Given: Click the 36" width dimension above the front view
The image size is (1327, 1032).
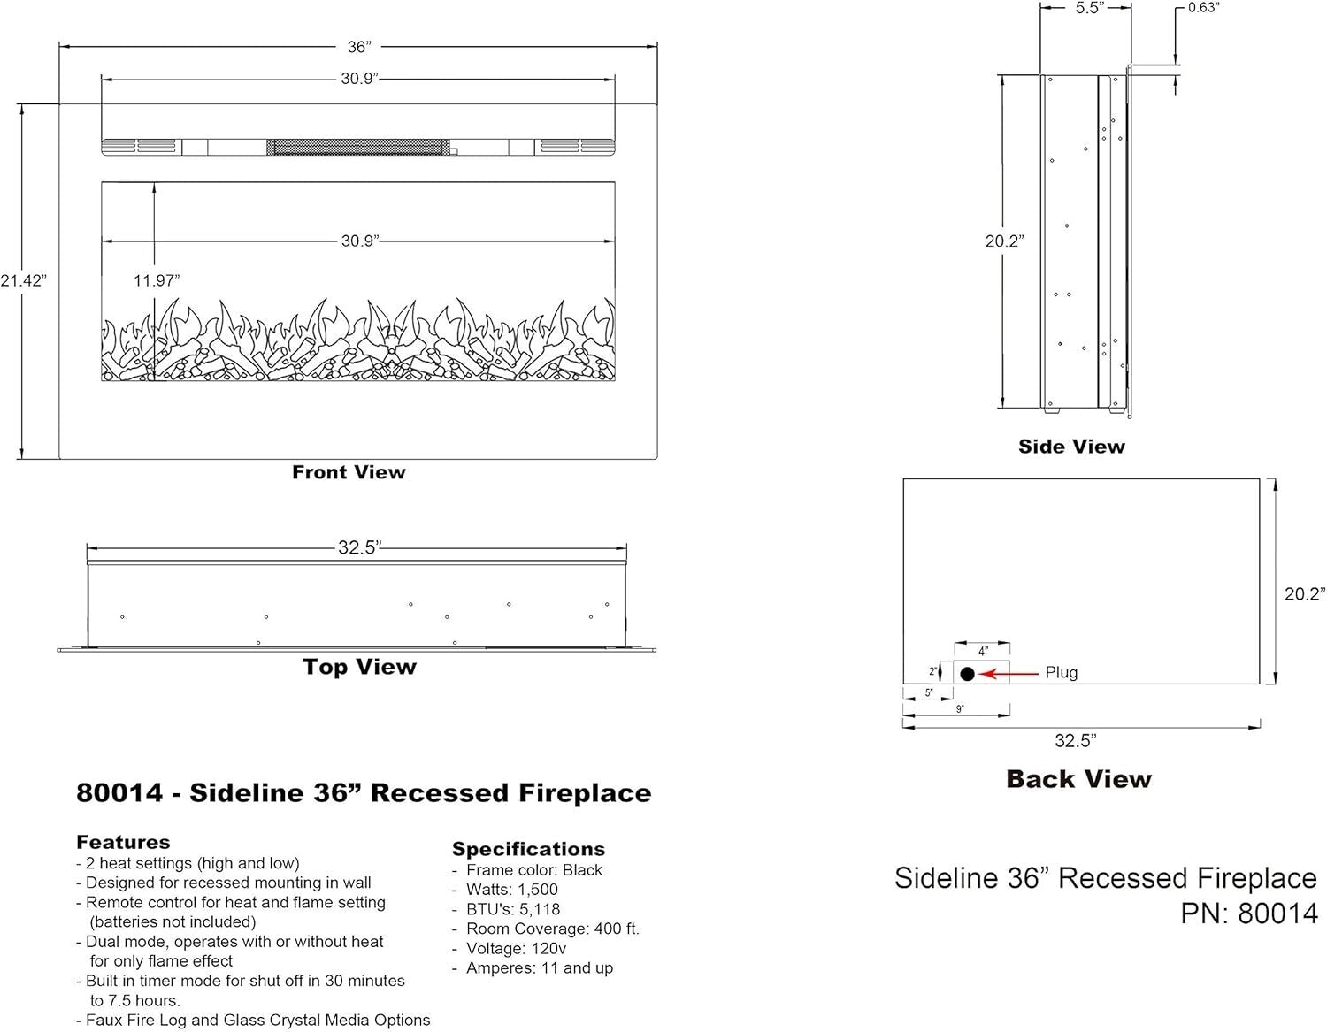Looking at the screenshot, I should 357,47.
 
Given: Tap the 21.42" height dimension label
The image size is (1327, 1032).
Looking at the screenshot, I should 23,281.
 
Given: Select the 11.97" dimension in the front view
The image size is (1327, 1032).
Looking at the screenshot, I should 157,281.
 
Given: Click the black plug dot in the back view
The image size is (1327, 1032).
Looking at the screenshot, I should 967,674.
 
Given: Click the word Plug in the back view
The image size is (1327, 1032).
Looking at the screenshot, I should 1061,673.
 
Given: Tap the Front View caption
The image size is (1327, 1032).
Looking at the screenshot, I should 349,472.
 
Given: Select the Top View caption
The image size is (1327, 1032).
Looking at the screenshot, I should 359,667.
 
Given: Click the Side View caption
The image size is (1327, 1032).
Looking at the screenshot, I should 1071,447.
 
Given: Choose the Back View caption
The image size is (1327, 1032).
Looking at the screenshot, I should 1078,779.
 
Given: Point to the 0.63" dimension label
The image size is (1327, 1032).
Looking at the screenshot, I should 1203,8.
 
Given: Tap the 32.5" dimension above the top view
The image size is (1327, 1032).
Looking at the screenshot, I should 359,547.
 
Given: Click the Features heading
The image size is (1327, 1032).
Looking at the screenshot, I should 123,842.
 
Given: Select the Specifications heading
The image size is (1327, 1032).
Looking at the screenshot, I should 528,849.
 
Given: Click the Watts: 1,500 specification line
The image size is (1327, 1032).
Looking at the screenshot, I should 512,890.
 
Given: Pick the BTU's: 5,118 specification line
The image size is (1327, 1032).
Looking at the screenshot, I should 513,909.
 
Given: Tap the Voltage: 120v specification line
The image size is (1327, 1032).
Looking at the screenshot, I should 516,948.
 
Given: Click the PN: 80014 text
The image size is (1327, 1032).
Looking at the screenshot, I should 1248,914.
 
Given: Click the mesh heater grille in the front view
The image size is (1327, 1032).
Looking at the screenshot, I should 357,147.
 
